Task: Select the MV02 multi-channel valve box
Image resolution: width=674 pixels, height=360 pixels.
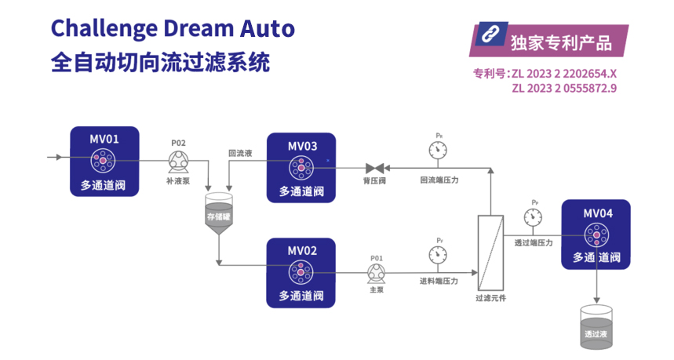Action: [x=301, y=272]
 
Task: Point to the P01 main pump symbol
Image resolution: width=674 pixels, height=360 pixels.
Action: [x=376, y=272]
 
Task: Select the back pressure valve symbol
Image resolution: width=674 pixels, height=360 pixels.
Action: [x=375, y=168]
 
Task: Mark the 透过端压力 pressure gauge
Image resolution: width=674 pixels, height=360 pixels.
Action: [x=534, y=217]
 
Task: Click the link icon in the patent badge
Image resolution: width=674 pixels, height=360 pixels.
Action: [x=490, y=36]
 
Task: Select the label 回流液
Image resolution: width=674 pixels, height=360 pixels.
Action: [x=239, y=154]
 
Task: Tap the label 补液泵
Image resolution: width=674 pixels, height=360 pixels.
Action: [x=177, y=181]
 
